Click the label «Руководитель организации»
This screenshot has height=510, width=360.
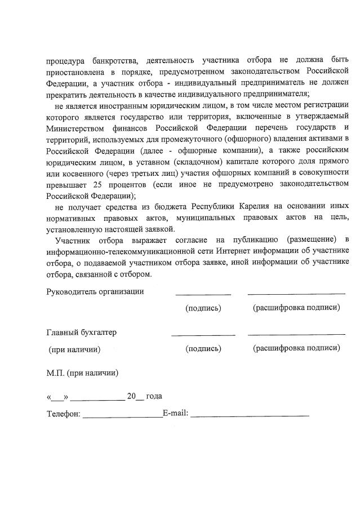(95, 291)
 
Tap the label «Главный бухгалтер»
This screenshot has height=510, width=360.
(81, 332)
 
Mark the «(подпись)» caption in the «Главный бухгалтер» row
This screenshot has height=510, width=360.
(203, 348)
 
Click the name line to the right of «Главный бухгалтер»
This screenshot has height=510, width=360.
(296, 335)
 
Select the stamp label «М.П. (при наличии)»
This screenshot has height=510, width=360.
(82, 372)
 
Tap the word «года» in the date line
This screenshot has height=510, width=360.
(154, 396)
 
